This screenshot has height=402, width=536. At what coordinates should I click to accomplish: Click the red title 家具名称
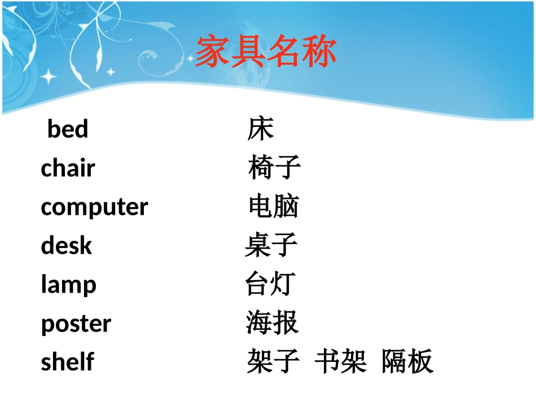266,52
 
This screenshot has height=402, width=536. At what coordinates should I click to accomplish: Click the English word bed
68,129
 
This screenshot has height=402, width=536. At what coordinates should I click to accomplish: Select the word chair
68,168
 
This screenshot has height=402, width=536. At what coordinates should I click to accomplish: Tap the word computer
94,207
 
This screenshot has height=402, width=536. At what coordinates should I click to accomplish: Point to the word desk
66,246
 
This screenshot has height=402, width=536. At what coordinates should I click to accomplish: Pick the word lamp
68,285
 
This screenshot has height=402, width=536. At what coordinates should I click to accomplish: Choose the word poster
76,324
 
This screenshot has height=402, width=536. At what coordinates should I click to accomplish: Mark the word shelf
67,361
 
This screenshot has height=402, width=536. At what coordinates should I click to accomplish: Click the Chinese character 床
261,129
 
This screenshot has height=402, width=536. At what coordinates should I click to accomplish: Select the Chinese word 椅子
275,167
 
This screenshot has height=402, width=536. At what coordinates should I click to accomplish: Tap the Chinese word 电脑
274,206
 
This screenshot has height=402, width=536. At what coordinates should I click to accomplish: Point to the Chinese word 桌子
271,245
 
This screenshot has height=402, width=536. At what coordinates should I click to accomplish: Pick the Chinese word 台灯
270,284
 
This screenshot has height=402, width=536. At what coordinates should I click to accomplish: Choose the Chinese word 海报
272,323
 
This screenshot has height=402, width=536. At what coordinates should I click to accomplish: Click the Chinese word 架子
273,361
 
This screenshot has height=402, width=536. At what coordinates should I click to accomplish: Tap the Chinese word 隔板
407,361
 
